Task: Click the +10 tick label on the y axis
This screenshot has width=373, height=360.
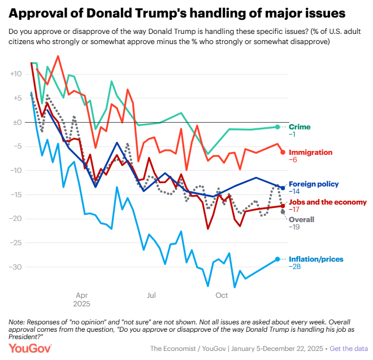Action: pos(15,73)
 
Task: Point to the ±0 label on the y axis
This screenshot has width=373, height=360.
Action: pos(16,122)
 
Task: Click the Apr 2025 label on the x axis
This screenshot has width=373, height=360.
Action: pos(82,299)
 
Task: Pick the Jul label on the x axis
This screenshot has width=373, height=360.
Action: pos(151,295)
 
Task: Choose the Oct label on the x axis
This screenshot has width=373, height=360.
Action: pos(222,295)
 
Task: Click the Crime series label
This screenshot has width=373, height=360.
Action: pos(300,127)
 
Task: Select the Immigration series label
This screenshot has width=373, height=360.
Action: pos(310,152)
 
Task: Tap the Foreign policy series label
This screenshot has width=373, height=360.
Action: pos(314,184)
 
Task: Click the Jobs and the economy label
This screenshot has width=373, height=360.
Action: pos(328,202)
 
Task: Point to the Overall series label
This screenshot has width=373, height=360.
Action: pos(302,219)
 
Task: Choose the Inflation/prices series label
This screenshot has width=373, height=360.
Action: pos(316,259)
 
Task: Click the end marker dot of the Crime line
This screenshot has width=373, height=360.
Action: pos(277,127)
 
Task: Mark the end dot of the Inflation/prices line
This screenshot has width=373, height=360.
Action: pos(277,259)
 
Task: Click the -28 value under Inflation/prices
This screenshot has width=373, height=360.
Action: pos(295,267)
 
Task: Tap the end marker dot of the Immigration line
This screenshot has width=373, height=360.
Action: pos(283,151)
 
